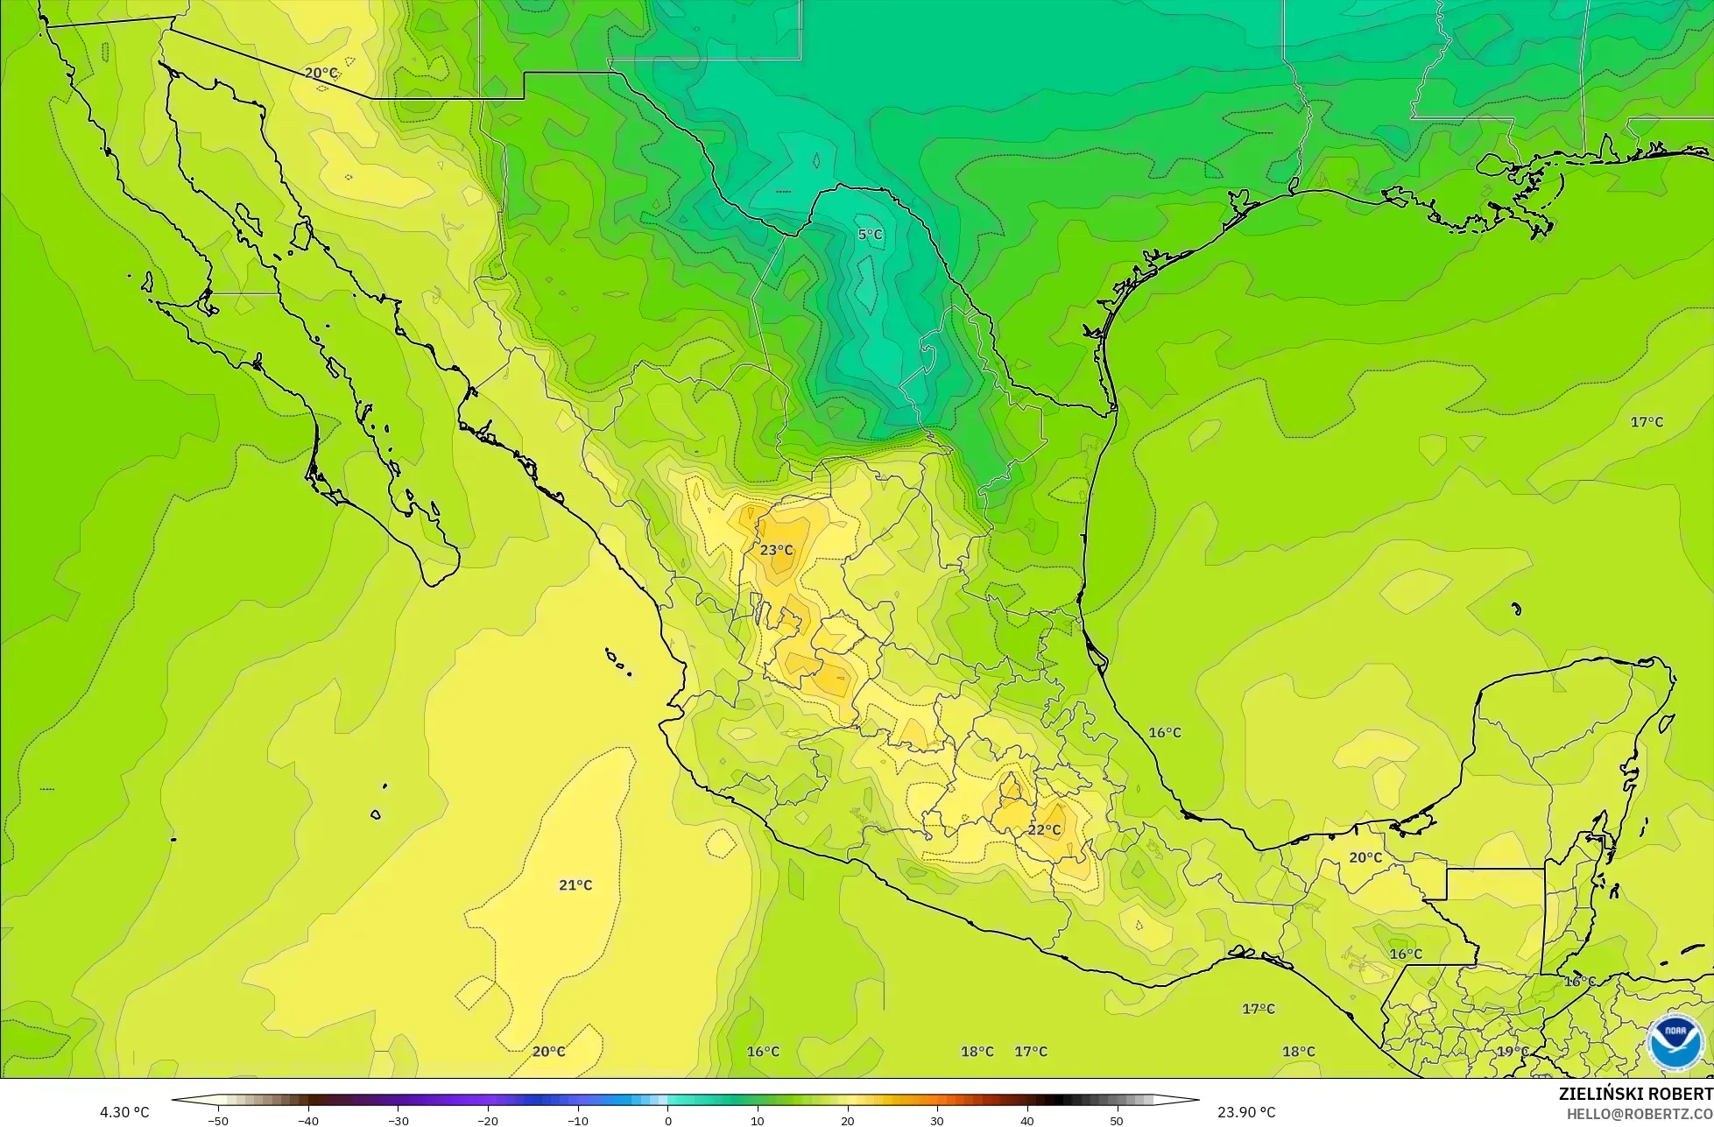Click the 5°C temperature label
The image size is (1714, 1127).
click(870, 235)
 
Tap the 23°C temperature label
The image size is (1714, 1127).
click(776, 550)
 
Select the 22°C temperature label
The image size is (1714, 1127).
click(1044, 830)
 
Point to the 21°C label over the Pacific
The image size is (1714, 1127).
click(575, 885)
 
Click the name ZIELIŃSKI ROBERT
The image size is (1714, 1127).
click(1636, 1094)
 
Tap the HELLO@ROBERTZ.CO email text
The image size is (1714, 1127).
click(1640, 1112)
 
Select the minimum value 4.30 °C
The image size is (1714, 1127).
click(124, 1112)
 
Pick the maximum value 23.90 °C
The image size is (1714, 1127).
click(1246, 1112)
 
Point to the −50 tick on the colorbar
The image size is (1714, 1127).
click(219, 1120)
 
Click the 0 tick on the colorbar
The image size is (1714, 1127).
click(667, 1120)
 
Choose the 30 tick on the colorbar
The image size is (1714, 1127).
click(936, 1120)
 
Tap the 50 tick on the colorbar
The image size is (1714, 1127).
click(1116, 1120)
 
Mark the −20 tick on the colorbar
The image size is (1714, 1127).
click(488, 1120)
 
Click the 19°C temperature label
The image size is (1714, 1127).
click(1513, 1052)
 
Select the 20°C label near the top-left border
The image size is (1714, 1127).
click(321, 73)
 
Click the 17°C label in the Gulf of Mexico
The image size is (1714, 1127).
click(1647, 422)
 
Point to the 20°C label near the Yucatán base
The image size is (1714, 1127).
click(1365, 857)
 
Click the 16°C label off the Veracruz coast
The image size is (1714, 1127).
click(1165, 732)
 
